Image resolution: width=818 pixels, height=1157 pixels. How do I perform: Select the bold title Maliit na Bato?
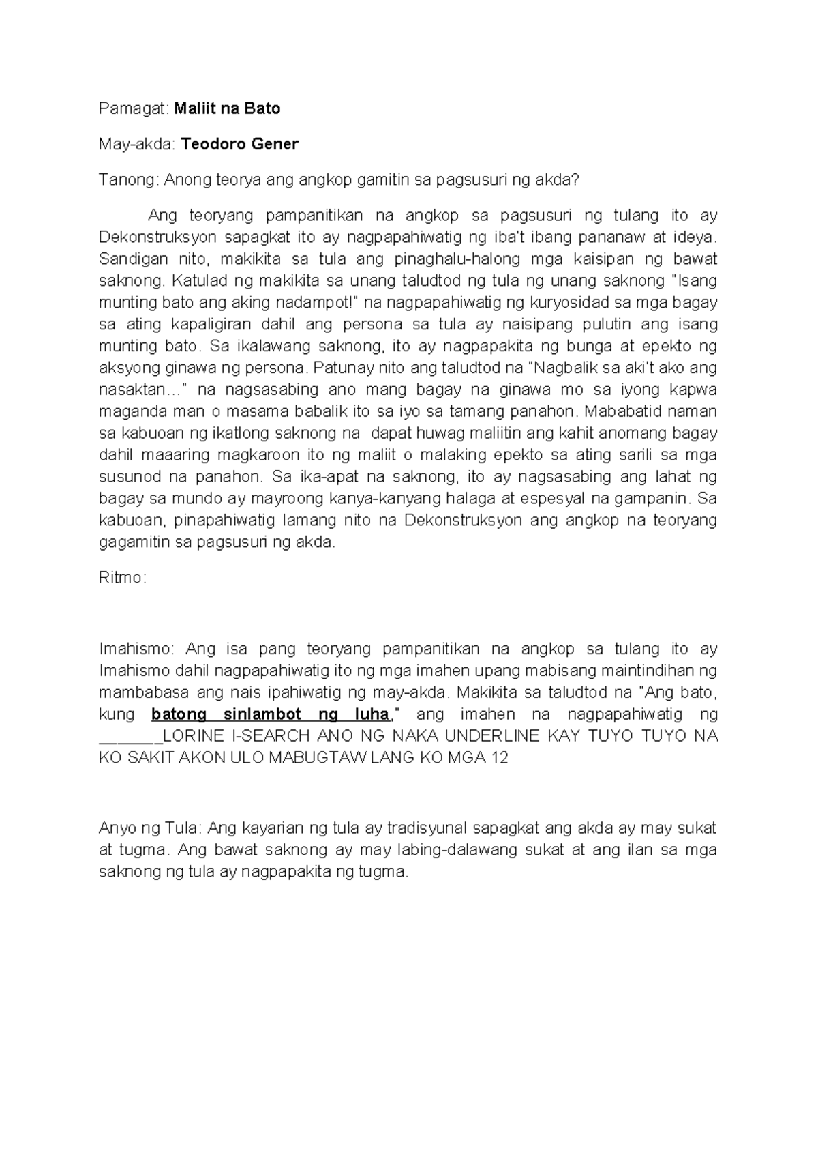tap(227, 108)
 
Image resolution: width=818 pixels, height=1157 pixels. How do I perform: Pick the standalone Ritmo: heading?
tap(123, 578)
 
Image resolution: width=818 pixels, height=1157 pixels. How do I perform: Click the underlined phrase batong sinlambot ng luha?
tap(270, 715)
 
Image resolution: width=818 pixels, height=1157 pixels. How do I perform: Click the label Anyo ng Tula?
tap(150, 829)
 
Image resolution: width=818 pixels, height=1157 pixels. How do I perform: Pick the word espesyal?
tap(571, 499)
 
